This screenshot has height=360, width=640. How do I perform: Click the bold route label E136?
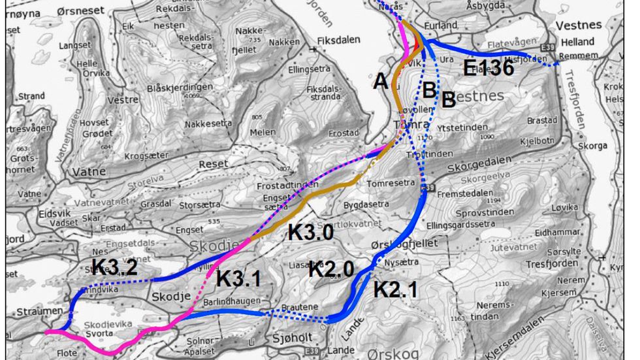488,67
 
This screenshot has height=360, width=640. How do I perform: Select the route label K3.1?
238,278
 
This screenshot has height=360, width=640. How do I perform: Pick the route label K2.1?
396,289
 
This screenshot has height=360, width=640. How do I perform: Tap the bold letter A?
381,81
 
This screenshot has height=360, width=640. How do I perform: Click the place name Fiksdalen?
338,40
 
